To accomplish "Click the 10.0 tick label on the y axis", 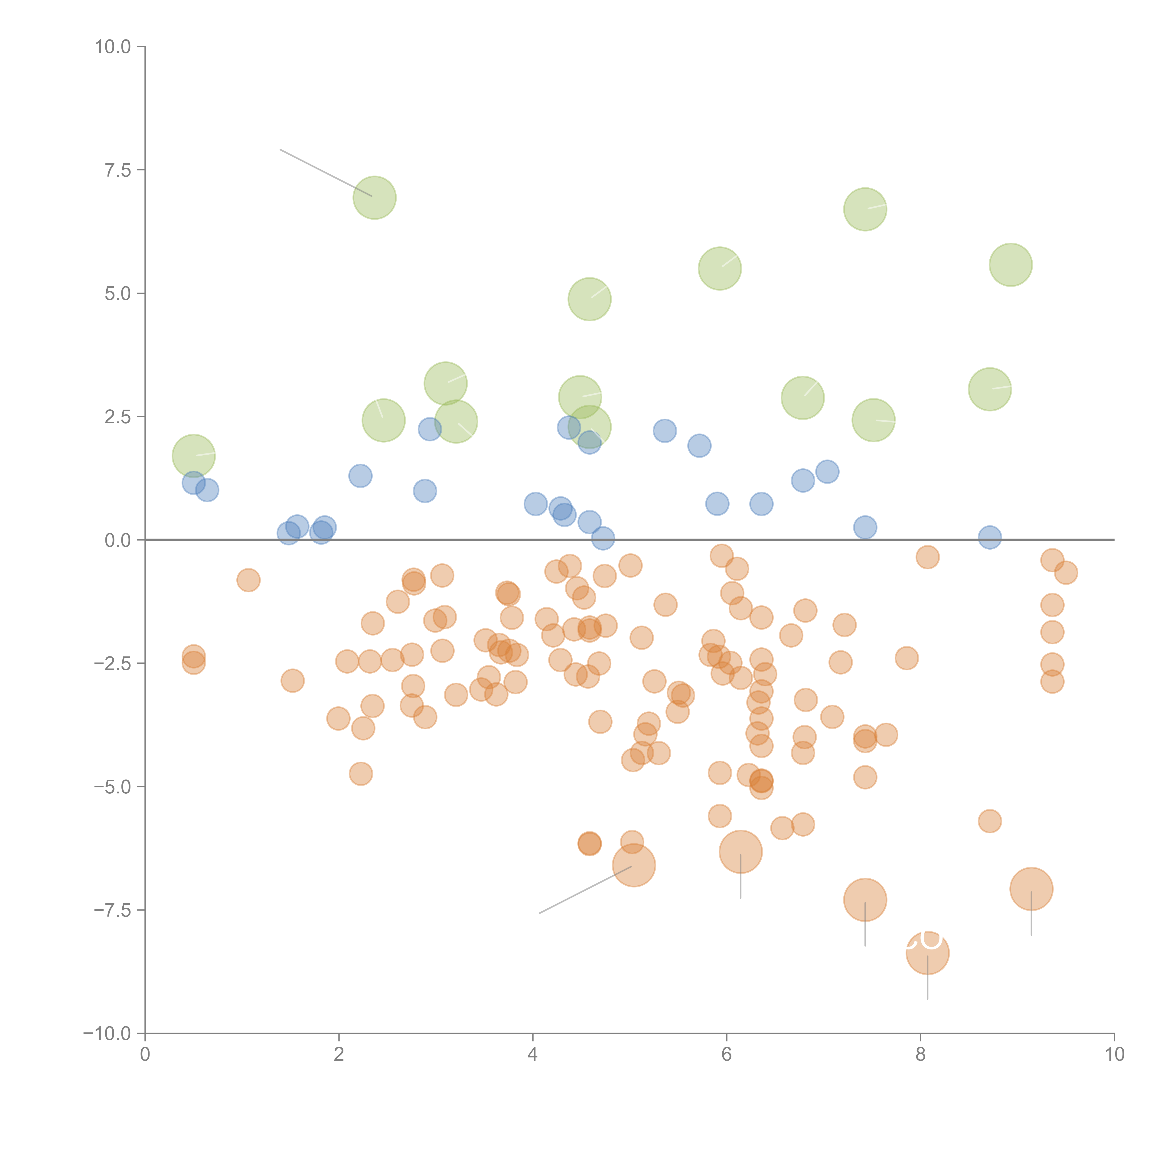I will pyautogui.click(x=113, y=47).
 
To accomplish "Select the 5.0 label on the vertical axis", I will pyautogui.click(x=118, y=294).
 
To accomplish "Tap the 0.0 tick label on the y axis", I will pyautogui.click(x=118, y=540).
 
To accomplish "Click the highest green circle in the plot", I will pyautogui.click(x=374, y=198).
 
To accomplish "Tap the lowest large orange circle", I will pyautogui.click(x=927, y=952).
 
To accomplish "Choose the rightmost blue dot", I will pyautogui.click(x=990, y=537).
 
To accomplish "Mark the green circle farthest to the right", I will pyautogui.click(x=1011, y=265).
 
